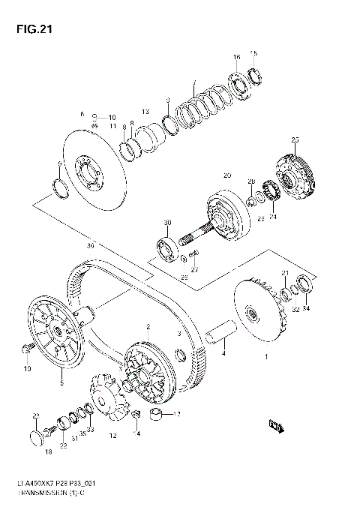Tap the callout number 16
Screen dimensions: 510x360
point(236,58)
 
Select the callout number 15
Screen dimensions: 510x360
point(253,53)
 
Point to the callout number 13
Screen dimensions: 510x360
point(146,111)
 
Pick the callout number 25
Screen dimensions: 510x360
point(295,140)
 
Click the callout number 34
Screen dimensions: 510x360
point(305,307)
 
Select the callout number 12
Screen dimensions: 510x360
point(113,435)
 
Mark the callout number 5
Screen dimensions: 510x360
point(61,383)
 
